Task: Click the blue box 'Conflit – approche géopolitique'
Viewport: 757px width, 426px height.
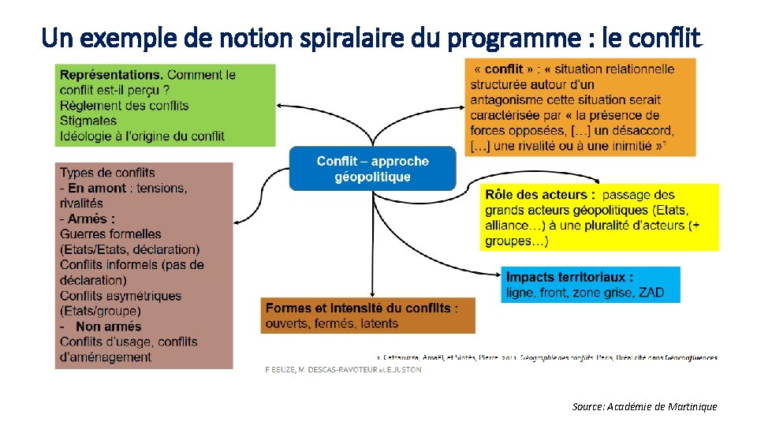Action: [372, 168]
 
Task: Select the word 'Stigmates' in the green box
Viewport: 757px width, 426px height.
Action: [88, 121]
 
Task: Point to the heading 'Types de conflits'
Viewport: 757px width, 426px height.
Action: [107, 173]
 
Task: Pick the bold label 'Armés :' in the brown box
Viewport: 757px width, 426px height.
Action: [91, 219]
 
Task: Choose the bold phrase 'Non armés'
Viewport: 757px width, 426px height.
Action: [109, 326]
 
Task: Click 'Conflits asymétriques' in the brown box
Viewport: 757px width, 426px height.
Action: [121, 296]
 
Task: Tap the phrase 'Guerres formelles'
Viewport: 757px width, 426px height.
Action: [110, 234]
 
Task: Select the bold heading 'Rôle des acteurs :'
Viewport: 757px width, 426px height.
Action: [540, 194]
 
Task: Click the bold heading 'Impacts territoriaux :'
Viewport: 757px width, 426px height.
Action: [569, 277]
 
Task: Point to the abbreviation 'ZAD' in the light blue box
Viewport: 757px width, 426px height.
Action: [651, 293]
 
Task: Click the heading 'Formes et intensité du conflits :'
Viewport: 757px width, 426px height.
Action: [361, 308]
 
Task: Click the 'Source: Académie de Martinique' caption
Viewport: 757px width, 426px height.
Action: [644, 406]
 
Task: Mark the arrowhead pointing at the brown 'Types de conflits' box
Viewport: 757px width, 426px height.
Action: [238, 220]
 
